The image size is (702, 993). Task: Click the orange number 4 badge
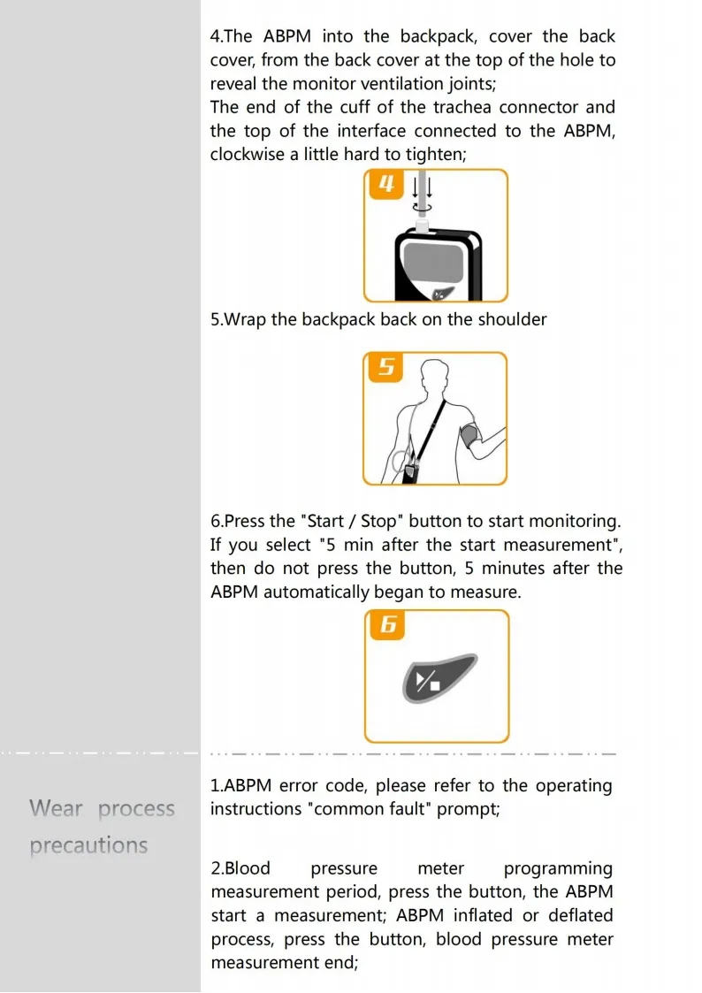click(x=385, y=185)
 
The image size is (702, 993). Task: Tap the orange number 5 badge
click(x=386, y=367)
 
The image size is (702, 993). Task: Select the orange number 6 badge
click(x=387, y=625)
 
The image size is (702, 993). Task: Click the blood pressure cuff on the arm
click(x=470, y=437)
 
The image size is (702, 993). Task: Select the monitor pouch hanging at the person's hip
click(x=409, y=473)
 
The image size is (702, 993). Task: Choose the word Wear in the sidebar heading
click(x=56, y=808)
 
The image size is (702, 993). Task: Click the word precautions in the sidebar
click(x=88, y=845)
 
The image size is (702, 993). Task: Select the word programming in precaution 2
click(x=557, y=868)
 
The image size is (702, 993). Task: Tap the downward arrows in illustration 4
click(x=423, y=187)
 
